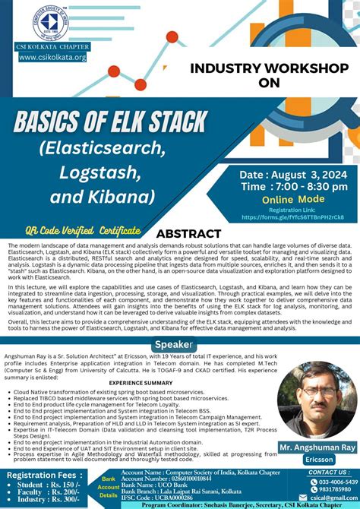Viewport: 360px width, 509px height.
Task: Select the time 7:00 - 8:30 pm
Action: [x=284, y=186]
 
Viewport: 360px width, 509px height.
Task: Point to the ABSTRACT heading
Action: [x=188, y=234]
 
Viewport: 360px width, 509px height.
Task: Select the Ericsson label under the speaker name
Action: [x=314, y=459]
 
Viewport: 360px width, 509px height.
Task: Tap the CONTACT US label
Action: [x=328, y=472]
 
